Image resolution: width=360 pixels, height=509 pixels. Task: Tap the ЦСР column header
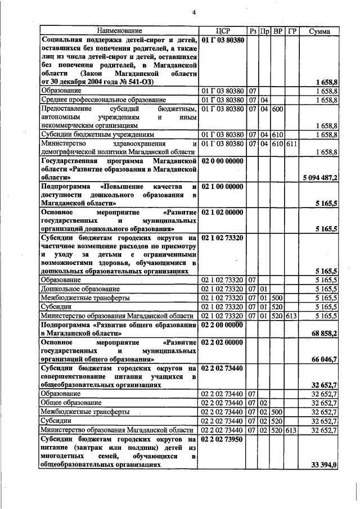point(223,30)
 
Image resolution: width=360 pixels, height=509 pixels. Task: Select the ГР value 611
point(291,143)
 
